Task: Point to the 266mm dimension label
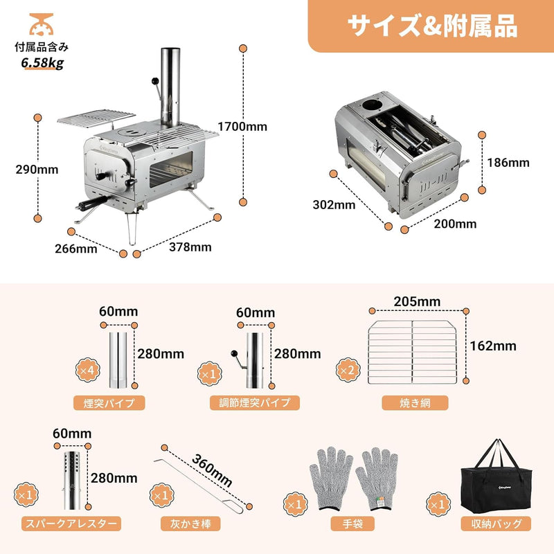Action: point(77,249)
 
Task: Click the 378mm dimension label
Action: point(191,247)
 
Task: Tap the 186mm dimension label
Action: point(508,163)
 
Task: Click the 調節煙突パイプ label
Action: point(255,402)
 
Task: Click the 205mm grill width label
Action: point(418,301)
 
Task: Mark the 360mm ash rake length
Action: point(213,469)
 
